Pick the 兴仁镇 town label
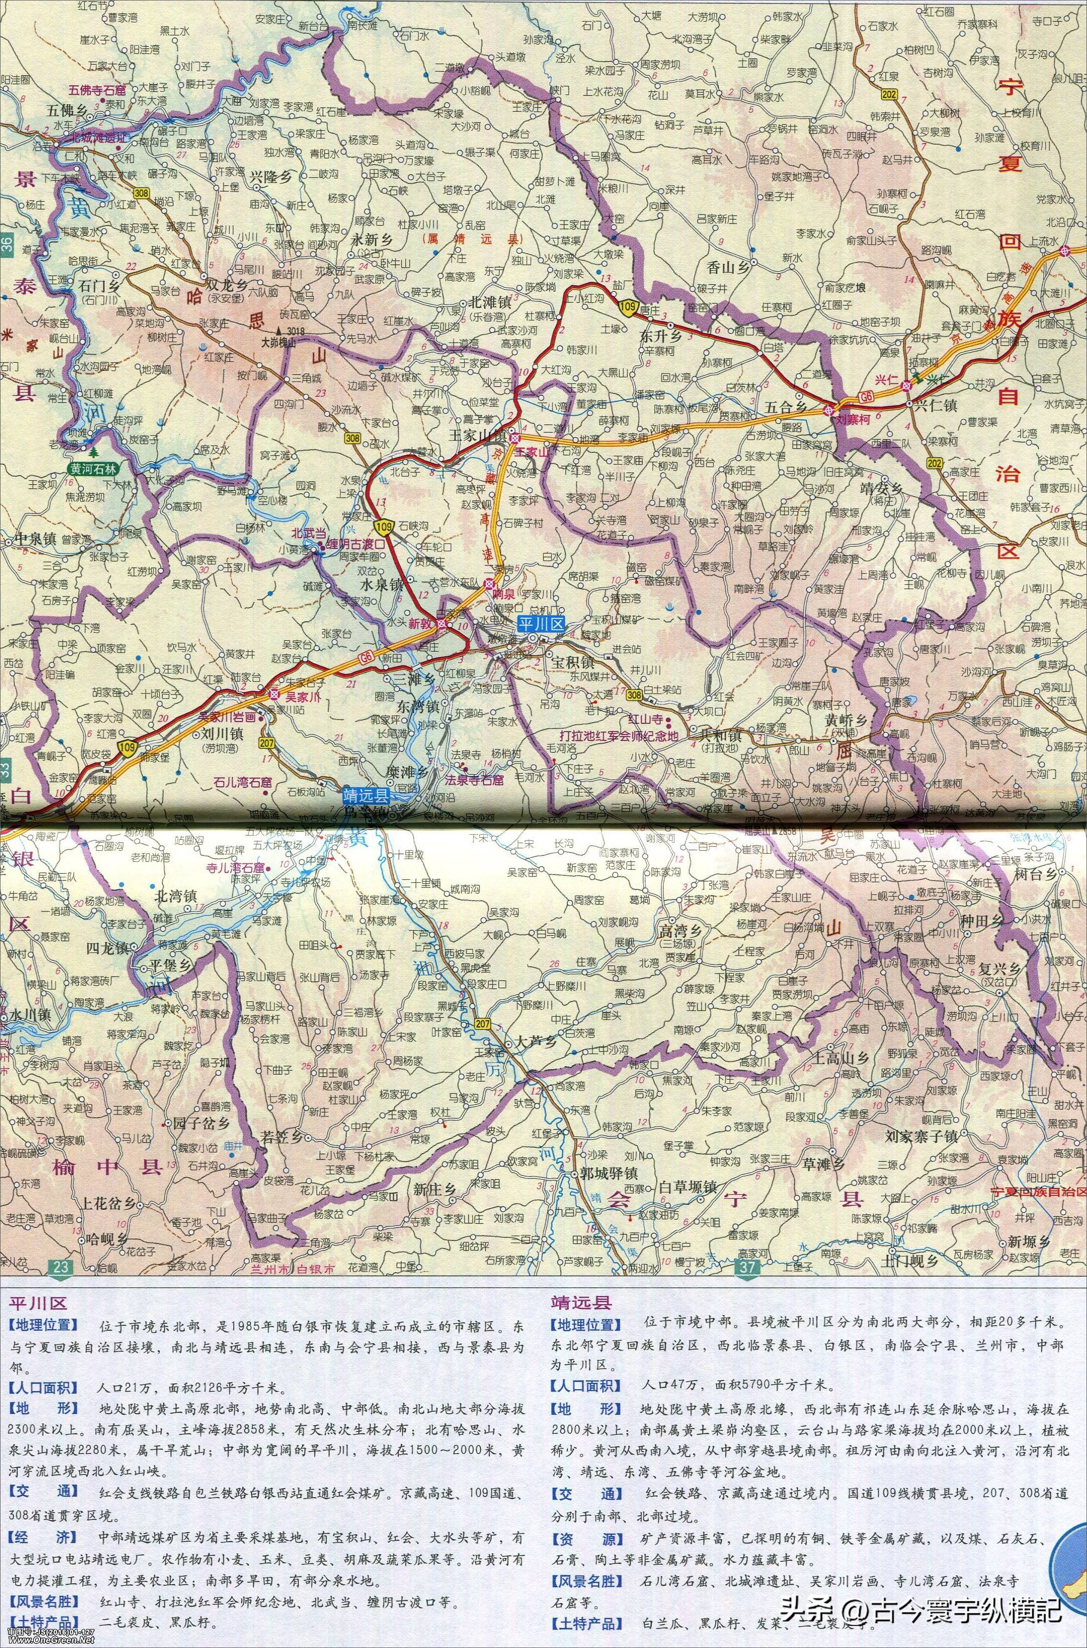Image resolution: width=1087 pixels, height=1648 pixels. pos(935,406)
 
